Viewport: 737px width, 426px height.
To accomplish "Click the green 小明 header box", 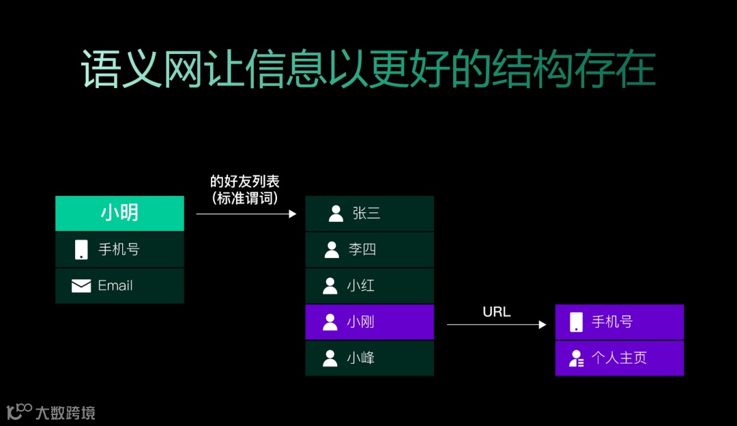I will pyautogui.click(x=119, y=213).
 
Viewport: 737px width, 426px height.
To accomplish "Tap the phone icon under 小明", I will pyautogui.click(x=81, y=250).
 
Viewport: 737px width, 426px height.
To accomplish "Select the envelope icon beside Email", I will pyautogui.click(x=81, y=286).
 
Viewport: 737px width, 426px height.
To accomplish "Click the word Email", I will pyautogui.click(x=115, y=285).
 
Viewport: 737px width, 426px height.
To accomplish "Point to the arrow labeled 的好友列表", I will pyautogui.click(x=246, y=214).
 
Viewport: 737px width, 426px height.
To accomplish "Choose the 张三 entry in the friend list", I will pyautogui.click(x=369, y=214).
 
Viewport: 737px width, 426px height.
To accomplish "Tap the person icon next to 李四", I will pyautogui.click(x=332, y=250).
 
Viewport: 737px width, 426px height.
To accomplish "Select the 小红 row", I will pyautogui.click(x=369, y=285).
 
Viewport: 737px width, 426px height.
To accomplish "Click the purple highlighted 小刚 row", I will pyautogui.click(x=369, y=322).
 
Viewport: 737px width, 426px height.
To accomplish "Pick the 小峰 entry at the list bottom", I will pyautogui.click(x=369, y=358).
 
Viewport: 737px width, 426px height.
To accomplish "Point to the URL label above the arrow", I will pyautogui.click(x=496, y=312).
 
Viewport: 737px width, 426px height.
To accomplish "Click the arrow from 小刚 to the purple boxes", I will pyautogui.click(x=496, y=325).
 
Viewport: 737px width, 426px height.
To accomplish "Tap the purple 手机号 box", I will pyautogui.click(x=619, y=322).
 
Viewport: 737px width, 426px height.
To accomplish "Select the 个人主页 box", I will pyautogui.click(x=619, y=358).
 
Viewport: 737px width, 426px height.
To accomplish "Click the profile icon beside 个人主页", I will pyautogui.click(x=577, y=358).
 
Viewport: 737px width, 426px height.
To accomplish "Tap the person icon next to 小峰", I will pyautogui.click(x=330, y=358).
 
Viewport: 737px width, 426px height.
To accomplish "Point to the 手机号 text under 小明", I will pyautogui.click(x=119, y=250).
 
